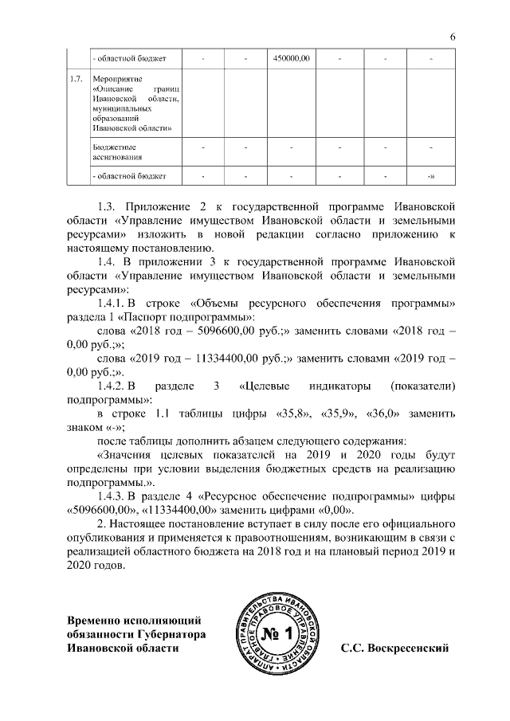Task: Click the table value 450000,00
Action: pos(291,58)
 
